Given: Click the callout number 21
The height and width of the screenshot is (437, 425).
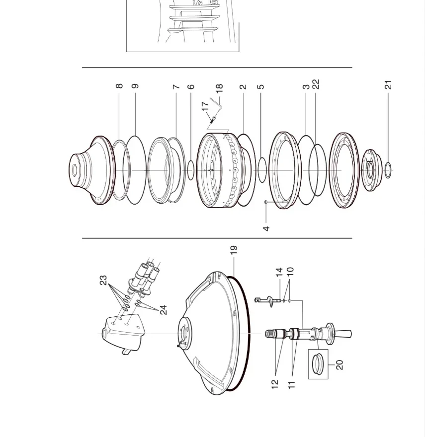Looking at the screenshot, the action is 388,85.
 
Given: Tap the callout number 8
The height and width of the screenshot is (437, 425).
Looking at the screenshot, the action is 119,86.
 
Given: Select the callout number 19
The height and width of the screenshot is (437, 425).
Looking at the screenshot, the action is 234,250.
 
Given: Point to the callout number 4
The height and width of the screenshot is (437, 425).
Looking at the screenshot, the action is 266,228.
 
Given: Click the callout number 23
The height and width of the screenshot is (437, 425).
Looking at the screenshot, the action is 103,280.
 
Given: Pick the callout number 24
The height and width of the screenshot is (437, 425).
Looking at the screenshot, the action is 163,310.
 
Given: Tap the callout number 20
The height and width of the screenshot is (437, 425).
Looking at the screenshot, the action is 340,365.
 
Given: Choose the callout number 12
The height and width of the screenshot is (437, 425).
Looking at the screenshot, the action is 274,384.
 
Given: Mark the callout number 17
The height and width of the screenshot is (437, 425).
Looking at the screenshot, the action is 205,106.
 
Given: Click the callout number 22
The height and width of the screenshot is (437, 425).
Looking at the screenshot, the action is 316,84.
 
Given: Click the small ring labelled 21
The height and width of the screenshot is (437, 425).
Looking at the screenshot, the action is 388,170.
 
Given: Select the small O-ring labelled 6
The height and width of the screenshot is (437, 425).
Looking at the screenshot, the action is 190,170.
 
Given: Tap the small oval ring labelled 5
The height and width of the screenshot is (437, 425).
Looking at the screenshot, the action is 262,170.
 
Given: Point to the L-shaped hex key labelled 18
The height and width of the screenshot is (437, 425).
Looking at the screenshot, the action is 216,104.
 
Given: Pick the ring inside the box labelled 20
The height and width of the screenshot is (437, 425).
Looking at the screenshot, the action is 318,364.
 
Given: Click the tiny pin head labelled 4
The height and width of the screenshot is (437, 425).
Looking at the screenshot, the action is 266,202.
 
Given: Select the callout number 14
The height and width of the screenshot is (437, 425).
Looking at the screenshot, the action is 279,272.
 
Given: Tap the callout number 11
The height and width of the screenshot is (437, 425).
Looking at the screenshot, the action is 291,385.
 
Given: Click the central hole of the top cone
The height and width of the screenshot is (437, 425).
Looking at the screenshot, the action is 74,170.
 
